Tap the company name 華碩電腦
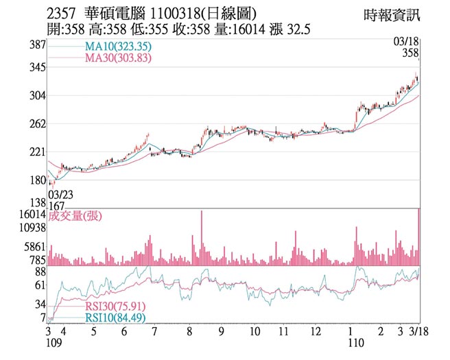pos(106,13)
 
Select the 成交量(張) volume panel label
pos(75,215)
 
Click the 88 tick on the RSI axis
pos(40,272)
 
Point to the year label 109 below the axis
pos(55,342)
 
